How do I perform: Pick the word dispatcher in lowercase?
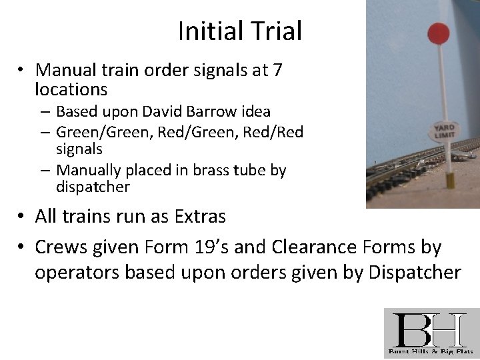(x=93, y=187)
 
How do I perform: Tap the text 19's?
(x=241, y=248)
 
